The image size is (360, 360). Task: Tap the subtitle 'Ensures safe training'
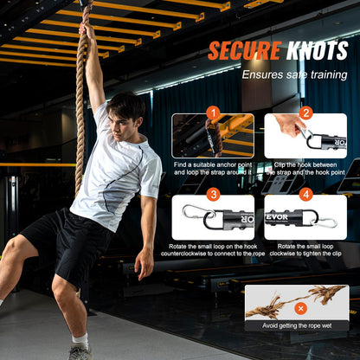tap(295, 74)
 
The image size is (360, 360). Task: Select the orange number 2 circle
tap(306, 113)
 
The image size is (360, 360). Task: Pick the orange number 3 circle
tap(212, 195)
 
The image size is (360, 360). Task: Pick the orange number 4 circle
tap(305, 195)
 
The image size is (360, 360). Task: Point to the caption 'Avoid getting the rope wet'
tap(297, 325)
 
